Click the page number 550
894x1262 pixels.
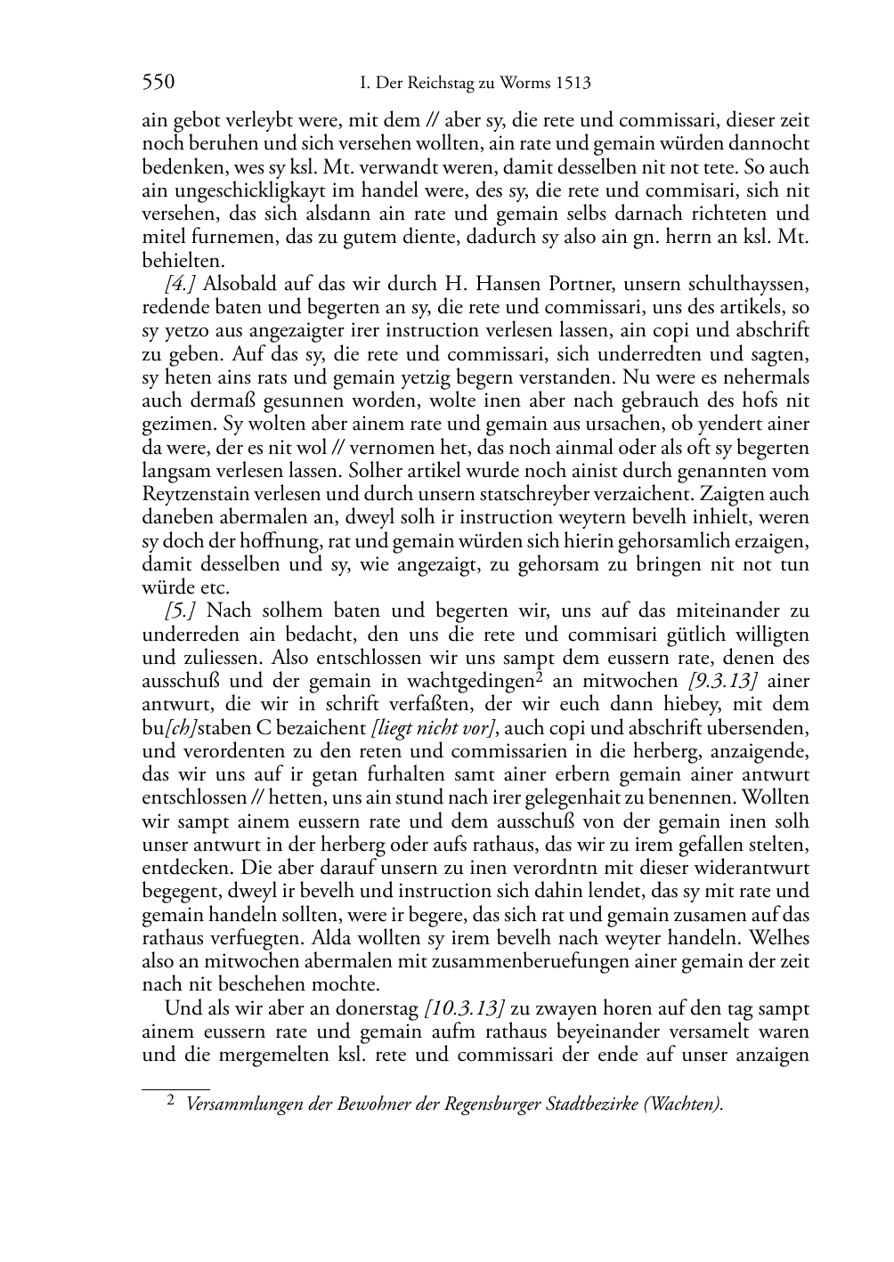(158, 84)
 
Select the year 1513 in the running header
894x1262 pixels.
(572, 84)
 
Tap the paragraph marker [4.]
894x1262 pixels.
(180, 285)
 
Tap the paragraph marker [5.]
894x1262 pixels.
(180, 611)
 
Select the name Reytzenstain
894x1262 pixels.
(197, 495)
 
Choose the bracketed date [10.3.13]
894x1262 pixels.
(465, 1008)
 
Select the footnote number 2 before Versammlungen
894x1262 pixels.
(171, 1102)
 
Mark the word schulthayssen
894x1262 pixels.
(744, 285)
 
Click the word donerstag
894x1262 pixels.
(376, 1008)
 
